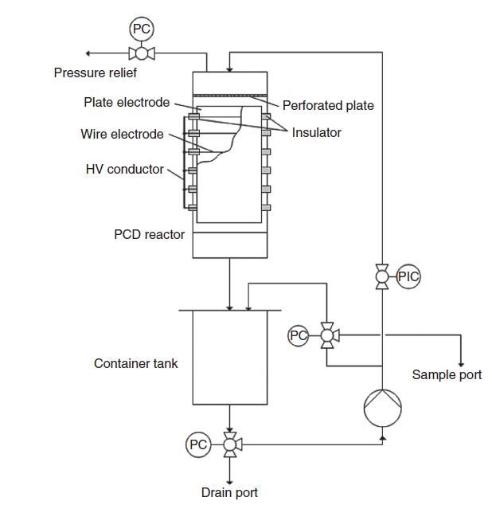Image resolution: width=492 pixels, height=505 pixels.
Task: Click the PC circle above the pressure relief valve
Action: (141, 29)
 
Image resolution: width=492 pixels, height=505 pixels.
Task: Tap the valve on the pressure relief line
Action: (141, 53)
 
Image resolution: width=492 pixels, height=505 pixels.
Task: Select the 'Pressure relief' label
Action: (95, 73)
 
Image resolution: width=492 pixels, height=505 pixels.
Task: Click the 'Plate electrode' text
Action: (127, 102)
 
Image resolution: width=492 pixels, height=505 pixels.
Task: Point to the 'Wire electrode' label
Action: (122, 134)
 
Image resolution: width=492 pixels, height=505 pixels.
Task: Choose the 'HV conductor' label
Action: (124, 169)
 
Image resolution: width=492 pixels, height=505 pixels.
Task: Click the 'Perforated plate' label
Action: (328, 105)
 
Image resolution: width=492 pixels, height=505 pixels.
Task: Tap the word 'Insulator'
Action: (316, 133)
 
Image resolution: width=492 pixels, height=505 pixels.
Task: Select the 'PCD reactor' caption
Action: (149, 234)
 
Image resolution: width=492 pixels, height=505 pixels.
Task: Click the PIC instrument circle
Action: (408, 276)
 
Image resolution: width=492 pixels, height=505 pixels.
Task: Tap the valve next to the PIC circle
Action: (383, 276)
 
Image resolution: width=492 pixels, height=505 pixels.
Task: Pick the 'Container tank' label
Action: (136, 363)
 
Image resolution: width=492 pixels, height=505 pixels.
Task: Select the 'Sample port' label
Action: (447, 374)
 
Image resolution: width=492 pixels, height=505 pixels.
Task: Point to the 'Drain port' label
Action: (229, 493)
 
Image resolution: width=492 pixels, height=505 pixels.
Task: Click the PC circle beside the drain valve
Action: (198, 444)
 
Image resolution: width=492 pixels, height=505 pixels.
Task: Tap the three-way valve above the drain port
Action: (230, 444)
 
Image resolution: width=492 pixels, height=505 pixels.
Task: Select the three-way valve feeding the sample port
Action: (326, 336)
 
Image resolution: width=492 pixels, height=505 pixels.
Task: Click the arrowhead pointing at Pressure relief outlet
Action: (89, 53)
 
